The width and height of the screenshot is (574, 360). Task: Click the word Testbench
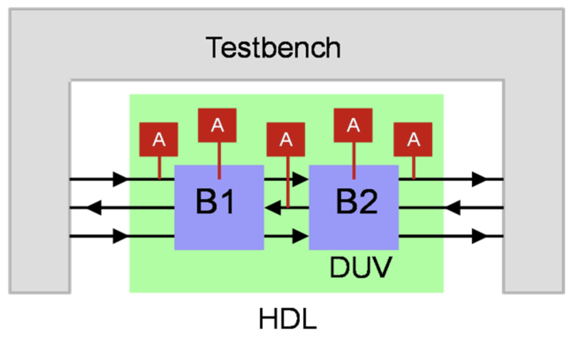pos(273,48)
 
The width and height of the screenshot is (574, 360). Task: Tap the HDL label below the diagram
pos(288,319)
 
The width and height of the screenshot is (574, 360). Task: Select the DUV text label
pos(361,267)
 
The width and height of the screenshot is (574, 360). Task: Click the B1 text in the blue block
pos(215,202)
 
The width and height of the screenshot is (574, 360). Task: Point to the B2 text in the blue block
pos(357,202)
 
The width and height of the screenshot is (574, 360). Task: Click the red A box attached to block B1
pos(217,125)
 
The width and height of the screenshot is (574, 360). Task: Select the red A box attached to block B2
pos(353,125)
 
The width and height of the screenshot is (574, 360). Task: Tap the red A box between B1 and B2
pos(286,140)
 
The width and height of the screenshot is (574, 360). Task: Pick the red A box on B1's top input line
pos(159,140)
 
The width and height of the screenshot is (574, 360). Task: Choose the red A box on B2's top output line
pos(413,140)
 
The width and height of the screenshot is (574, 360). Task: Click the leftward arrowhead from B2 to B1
pos(273,207)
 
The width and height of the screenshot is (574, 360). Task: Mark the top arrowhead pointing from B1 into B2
pos(300,179)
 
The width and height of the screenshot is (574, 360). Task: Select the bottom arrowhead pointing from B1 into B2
pos(300,236)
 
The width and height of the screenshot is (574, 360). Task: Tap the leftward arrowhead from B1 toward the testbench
pos(94,207)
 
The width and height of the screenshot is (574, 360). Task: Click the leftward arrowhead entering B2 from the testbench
pos(453,207)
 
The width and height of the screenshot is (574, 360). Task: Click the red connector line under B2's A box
pos(354,160)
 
